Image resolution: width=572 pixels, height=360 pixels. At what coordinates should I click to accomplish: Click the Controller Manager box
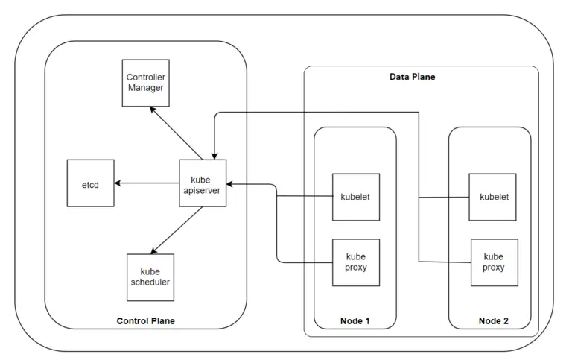(145, 83)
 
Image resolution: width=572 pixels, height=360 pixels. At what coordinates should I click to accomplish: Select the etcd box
(90, 183)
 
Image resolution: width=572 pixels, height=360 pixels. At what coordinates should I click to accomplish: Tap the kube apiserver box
(203, 183)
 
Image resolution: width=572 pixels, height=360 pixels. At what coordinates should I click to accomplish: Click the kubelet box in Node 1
(355, 197)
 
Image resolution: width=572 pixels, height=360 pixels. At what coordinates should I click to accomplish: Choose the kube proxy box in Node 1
(355, 262)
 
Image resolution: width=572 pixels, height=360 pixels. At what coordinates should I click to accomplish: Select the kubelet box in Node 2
(492, 197)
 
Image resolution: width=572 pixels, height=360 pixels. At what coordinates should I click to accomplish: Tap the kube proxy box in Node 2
(492, 262)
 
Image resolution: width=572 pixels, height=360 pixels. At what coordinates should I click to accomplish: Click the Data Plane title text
(412, 77)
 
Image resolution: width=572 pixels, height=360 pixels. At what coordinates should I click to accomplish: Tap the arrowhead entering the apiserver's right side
(232, 183)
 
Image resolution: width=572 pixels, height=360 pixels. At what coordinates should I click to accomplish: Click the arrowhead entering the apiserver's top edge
(214, 154)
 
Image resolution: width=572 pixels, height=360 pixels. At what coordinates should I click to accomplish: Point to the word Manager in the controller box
(145, 88)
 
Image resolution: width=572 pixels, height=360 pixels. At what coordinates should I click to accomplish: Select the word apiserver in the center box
(203, 189)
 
